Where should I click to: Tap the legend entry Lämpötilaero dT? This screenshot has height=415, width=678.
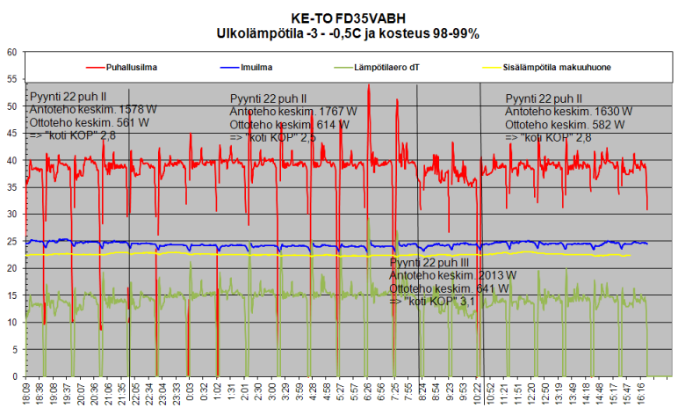tap(382, 66)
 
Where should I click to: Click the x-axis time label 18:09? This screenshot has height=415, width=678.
tap(29, 393)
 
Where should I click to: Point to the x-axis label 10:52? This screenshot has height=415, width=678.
tap(488, 393)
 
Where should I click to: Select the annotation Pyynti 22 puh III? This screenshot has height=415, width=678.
tap(436, 263)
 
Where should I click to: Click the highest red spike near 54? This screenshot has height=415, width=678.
tap(369, 86)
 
